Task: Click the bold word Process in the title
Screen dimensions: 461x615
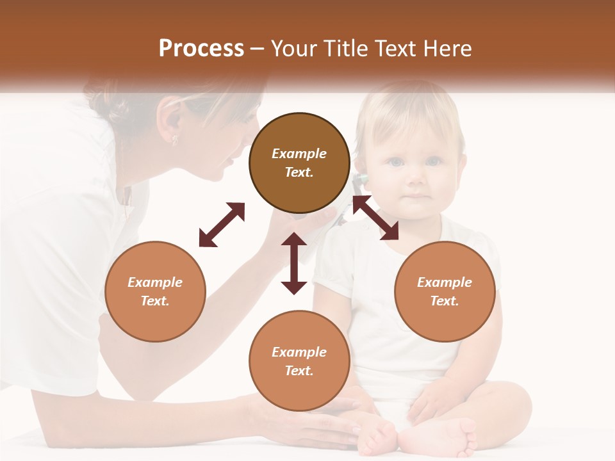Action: (201, 49)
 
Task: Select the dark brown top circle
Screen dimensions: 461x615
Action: (299, 163)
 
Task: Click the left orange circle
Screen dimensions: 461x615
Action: (155, 291)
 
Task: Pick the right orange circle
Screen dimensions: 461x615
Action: (445, 291)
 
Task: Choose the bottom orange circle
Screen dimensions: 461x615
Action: (299, 360)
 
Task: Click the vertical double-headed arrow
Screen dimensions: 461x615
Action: (294, 263)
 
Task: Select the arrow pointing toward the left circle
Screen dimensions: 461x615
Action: (222, 225)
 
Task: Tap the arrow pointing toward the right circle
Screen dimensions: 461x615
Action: (375, 218)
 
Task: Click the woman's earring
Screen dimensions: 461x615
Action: (173, 139)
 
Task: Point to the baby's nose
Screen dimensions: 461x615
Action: (416, 177)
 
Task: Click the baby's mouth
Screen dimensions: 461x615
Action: (417, 196)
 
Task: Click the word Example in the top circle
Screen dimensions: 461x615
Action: (299, 154)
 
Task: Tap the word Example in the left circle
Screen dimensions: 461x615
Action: (155, 282)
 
